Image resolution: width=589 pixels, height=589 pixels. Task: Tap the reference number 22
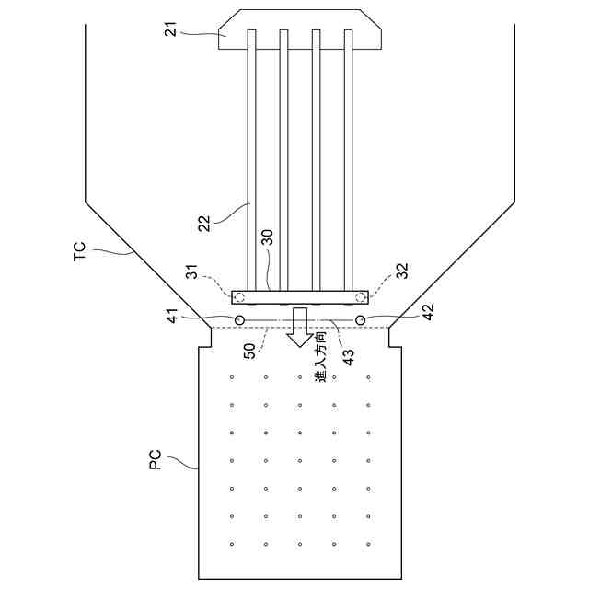coord(203,220)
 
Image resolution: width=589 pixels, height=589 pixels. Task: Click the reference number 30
coord(269,237)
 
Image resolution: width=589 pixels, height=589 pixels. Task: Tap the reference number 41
coord(172,313)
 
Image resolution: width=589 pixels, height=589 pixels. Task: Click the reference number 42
coord(426,313)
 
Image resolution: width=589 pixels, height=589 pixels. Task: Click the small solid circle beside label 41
coord(239,319)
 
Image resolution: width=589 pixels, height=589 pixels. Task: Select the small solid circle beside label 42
coord(360,319)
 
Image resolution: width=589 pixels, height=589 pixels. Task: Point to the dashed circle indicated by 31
coord(239,297)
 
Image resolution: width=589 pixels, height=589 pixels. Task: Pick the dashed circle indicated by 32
coord(360,297)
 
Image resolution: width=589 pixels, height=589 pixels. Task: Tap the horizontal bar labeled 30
coord(299,297)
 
